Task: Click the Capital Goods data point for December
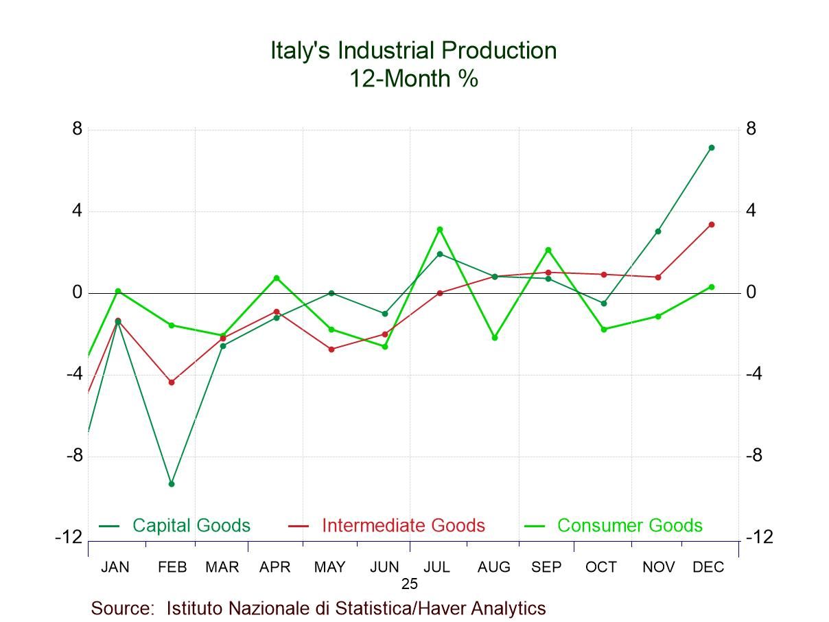click(712, 148)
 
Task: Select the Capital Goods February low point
click(172, 484)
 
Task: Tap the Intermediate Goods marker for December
click(712, 224)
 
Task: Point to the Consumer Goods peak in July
click(440, 229)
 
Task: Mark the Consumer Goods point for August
click(494, 338)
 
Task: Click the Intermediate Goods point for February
click(172, 382)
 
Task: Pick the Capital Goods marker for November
click(658, 231)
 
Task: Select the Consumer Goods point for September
click(548, 250)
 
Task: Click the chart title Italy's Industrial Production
click(413, 51)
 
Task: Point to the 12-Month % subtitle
click(413, 79)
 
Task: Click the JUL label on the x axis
click(436, 568)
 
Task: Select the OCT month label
click(601, 568)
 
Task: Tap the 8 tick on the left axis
click(77, 129)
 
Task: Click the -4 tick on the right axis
click(755, 374)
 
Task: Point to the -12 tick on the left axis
click(69, 537)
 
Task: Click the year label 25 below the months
click(410, 584)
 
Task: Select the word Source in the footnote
click(121, 609)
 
